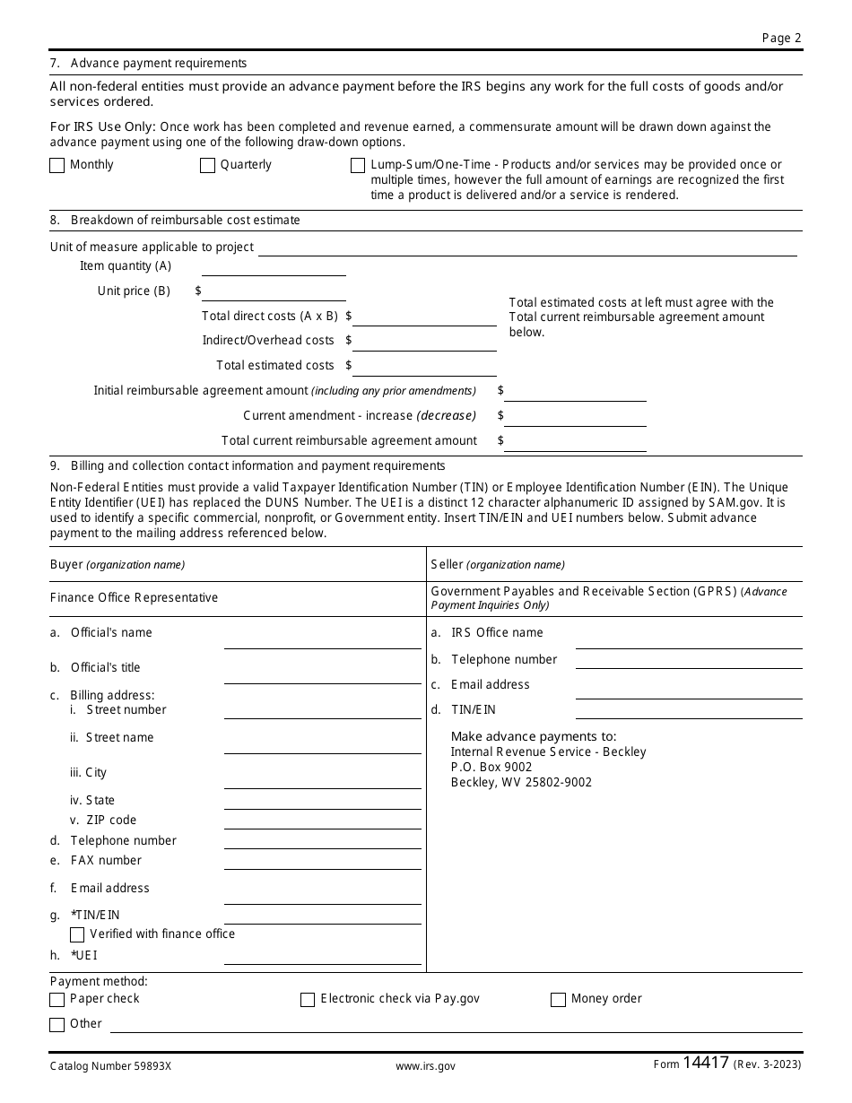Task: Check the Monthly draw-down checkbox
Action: click(57, 165)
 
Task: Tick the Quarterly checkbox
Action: click(207, 165)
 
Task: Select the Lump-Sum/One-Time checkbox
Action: click(358, 165)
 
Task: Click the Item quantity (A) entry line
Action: click(274, 268)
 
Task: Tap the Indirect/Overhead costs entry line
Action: click(425, 343)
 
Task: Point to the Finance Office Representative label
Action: click(134, 598)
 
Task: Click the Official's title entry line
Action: click(322, 675)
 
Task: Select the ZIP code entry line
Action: click(322, 821)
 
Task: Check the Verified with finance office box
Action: click(77, 934)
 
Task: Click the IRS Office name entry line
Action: click(688, 640)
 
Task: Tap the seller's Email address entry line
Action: click(688, 690)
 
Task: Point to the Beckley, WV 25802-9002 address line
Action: click(521, 782)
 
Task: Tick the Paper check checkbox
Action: click(57, 1000)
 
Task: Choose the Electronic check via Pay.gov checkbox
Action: click(308, 1000)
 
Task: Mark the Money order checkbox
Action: click(558, 1000)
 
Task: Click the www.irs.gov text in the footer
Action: click(425, 1066)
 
